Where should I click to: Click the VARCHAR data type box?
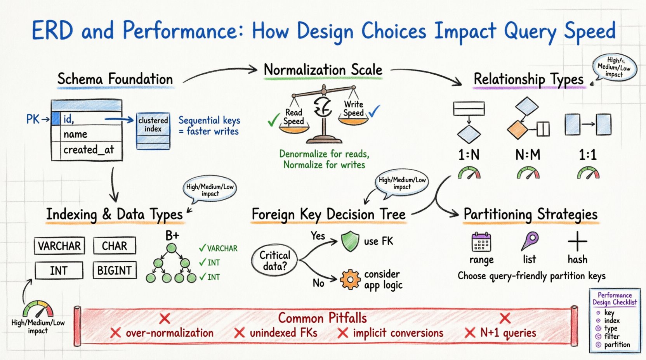59,246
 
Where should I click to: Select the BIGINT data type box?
115,270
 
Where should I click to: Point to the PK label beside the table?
33,119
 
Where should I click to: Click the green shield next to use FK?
350,241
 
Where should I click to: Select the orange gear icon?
350,279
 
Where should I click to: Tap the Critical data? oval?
275,261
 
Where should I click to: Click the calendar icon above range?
481,242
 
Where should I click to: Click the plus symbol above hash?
577,241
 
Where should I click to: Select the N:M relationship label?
528,155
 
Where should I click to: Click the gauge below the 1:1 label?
588,173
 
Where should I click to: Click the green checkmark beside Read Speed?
273,120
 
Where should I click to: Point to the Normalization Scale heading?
323,70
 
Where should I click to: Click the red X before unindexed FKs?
240,333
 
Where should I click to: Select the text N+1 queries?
508,333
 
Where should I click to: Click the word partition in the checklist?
617,344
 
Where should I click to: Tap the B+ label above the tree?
172,235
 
